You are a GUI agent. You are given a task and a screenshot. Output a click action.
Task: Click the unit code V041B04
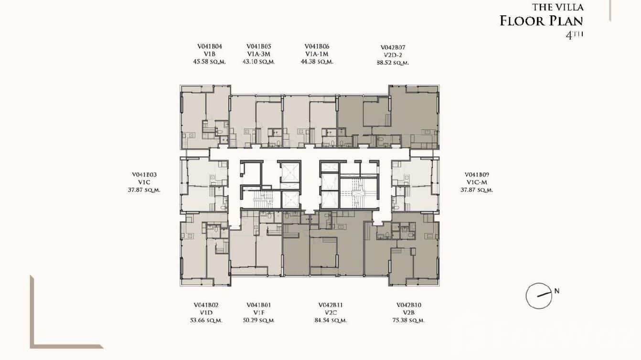(x=209, y=47)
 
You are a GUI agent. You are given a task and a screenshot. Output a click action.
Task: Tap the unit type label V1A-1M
(x=317, y=54)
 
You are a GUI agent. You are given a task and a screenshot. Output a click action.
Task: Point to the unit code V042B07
(x=393, y=48)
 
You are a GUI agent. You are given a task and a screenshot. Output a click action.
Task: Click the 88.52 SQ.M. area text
(x=393, y=63)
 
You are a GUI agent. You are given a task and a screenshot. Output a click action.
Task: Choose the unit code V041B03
(x=144, y=175)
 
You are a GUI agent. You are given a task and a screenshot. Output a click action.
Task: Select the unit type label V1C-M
(x=477, y=182)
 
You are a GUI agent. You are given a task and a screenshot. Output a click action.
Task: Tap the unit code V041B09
(x=477, y=175)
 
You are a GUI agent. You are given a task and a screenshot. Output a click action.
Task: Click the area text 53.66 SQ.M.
(x=206, y=320)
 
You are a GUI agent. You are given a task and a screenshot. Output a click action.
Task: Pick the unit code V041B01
(x=258, y=305)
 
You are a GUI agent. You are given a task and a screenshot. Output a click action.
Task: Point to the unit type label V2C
(x=331, y=313)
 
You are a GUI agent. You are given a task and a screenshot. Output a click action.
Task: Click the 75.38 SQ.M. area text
(x=408, y=320)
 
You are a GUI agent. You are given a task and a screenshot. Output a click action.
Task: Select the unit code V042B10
(x=408, y=305)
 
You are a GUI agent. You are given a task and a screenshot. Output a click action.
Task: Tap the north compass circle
(x=539, y=296)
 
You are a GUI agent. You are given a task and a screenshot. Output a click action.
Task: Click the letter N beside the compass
(x=557, y=290)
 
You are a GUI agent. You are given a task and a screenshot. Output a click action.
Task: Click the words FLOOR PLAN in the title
(x=541, y=21)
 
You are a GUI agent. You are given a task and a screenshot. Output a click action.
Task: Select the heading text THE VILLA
(x=557, y=8)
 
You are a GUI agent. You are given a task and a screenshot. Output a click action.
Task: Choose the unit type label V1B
(x=209, y=54)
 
